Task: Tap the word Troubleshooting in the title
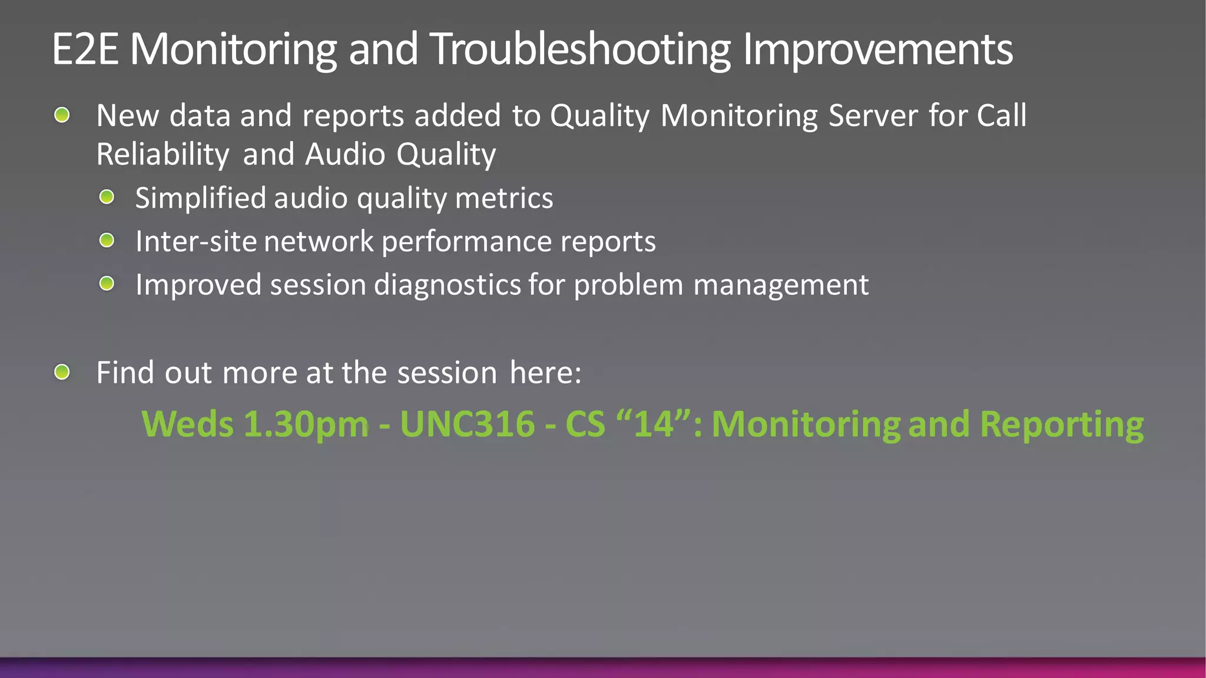click(x=580, y=50)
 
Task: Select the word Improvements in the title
click(x=877, y=50)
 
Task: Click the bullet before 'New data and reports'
click(x=62, y=115)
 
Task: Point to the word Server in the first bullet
click(x=873, y=115)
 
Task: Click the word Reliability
click(x=163, y=155)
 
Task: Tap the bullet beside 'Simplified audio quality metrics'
click(x=107, y=197)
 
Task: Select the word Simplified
click(x=201, y=198)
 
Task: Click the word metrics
click(x=504, y=198)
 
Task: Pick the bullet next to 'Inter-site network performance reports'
click(x=107, y=240)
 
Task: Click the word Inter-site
click(x=197, y=241)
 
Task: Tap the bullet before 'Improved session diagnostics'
click(x=107, y=284)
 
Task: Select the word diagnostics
click(x=448, y=285)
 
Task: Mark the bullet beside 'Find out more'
click(x=62, y=372)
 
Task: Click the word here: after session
click(x=545, y=373)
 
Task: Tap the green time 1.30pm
click(x=306, y=424)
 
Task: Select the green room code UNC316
click(x=468, y=424)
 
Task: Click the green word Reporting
click(x=1062, y=425)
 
